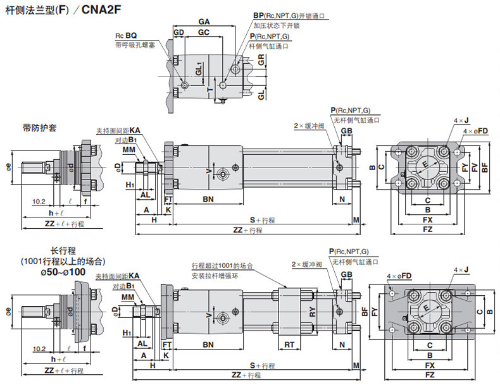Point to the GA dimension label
tap(204, 21)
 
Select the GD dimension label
tap(178, 32)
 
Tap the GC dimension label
tap(204, 32)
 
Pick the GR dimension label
tap(261, 61)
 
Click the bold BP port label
tap(258, 15)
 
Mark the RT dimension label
tap(289, 344)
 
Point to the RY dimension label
tap(312, 310)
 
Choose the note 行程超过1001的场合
tap(222, 265)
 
